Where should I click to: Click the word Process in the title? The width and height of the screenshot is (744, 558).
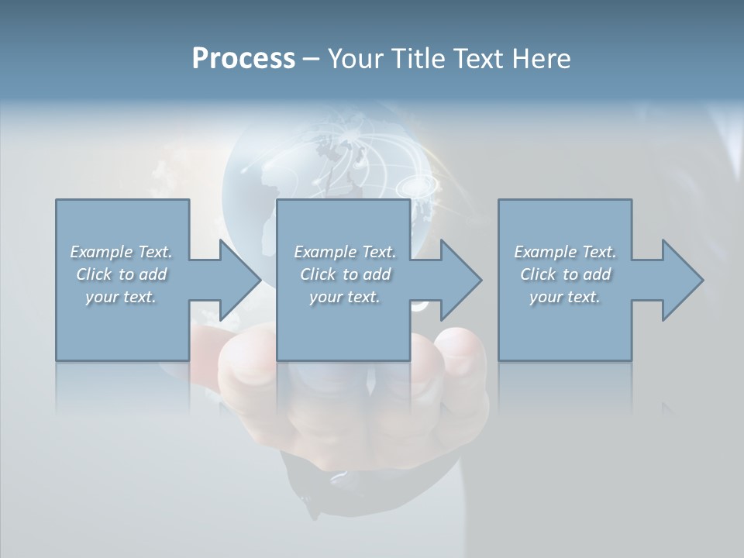coord(243,59)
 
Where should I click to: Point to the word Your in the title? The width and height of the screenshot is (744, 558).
coord(354,59)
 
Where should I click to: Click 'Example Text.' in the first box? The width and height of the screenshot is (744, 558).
coord(121,252)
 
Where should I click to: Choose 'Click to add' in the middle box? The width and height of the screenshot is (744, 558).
coord(345,274)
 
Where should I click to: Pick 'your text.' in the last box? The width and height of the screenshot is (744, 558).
coord(565,297)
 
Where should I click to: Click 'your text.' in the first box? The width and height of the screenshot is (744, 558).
coord(121,297)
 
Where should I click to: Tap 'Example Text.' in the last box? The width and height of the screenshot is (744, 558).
coord(565,252)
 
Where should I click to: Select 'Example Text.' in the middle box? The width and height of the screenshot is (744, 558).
coord(345,252)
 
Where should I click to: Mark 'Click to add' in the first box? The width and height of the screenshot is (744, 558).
coord(121,274)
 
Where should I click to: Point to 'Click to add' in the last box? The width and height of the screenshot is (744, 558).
coord(565,274)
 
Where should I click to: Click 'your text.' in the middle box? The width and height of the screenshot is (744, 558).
coord(345,297)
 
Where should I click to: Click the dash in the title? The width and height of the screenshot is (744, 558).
coord(312,60)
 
